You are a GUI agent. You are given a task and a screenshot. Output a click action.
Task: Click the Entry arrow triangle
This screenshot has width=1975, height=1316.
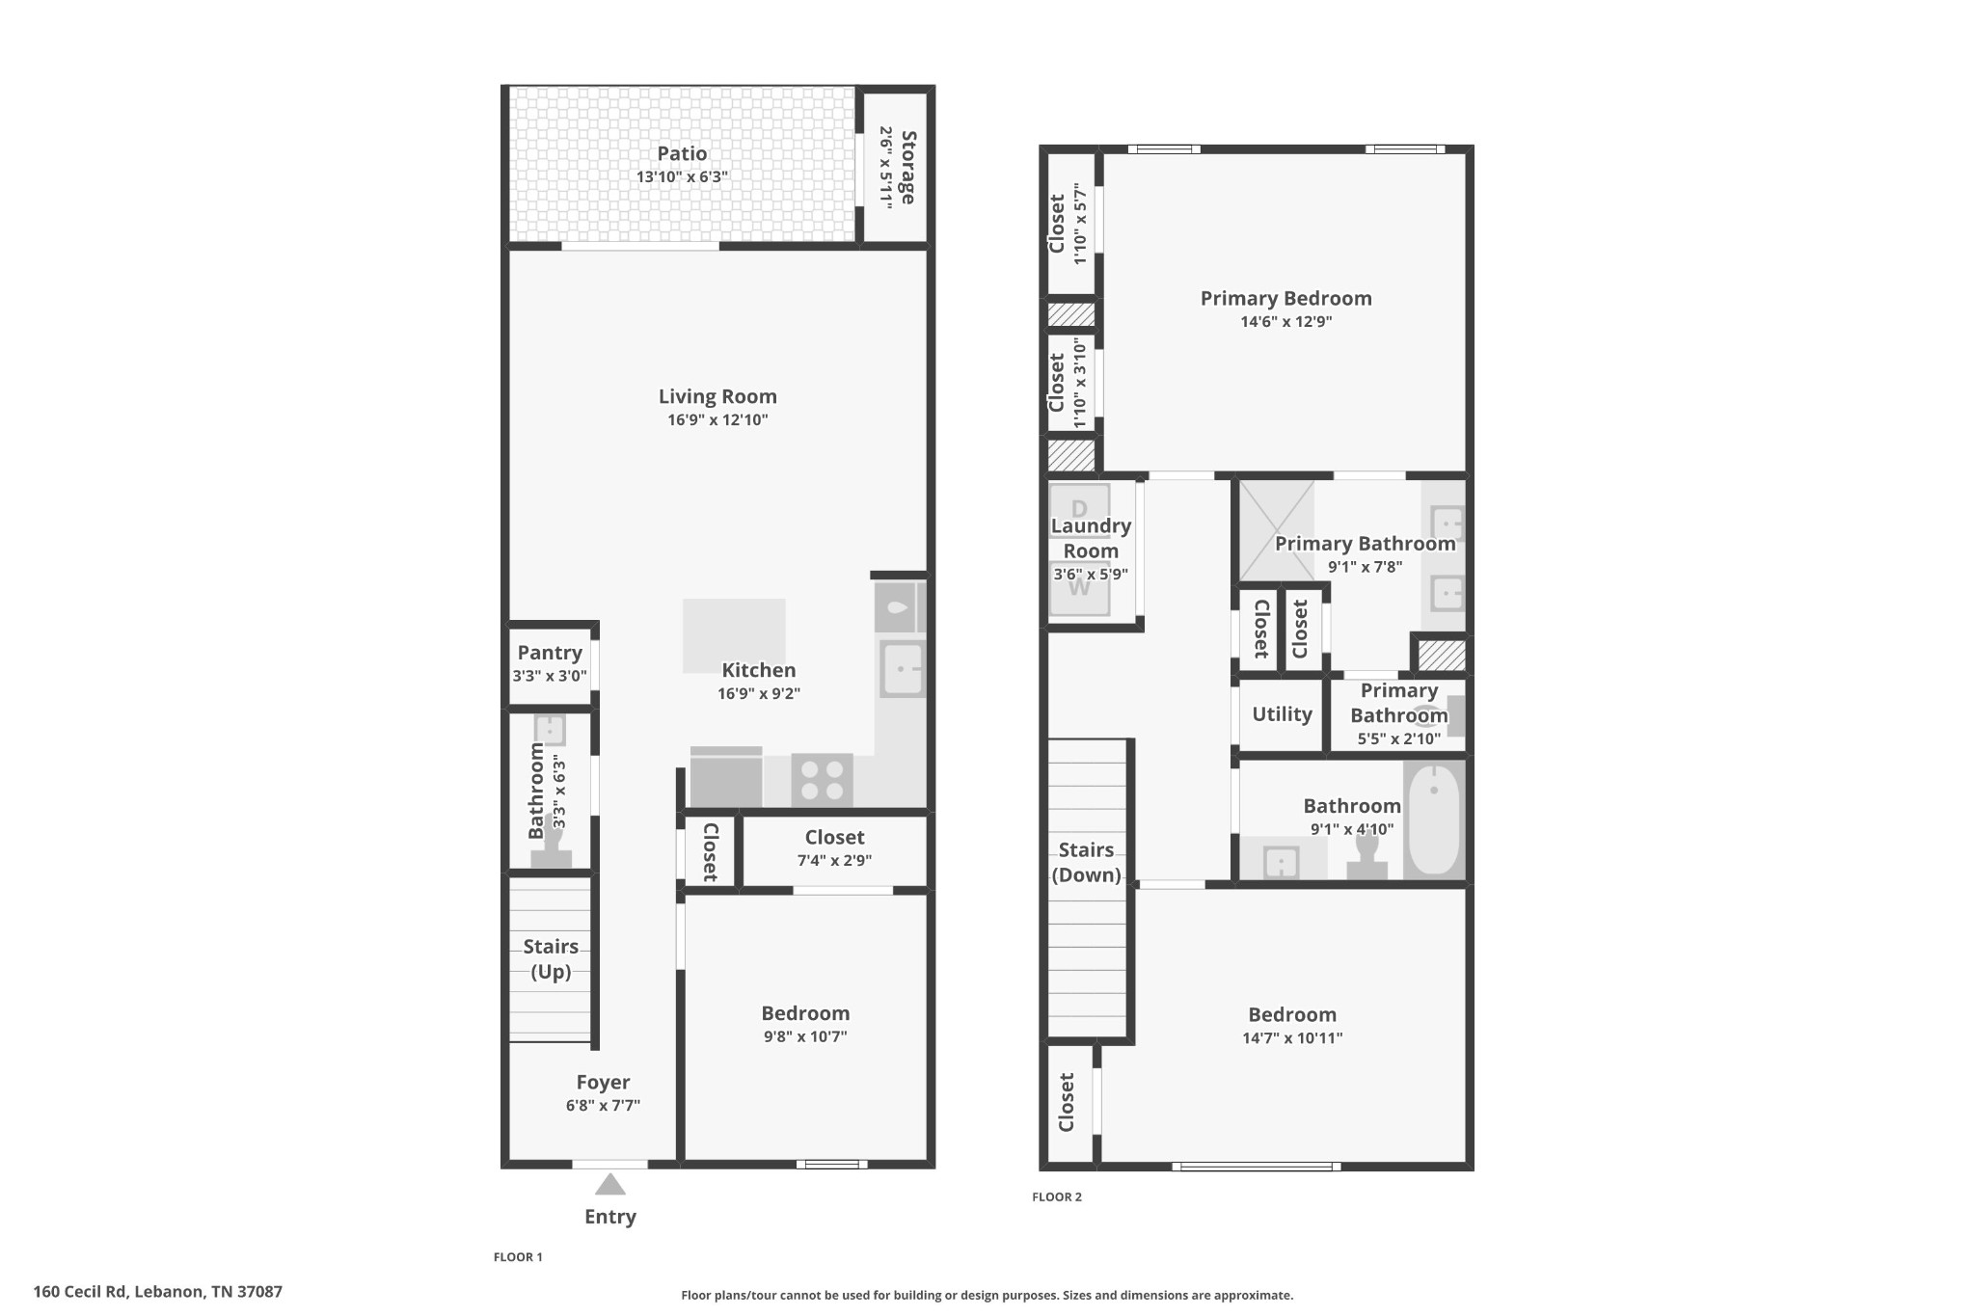609,1184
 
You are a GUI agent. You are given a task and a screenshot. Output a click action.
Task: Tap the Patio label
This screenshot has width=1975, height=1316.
682,153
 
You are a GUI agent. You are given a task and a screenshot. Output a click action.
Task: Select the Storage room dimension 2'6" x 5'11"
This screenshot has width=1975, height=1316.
884,167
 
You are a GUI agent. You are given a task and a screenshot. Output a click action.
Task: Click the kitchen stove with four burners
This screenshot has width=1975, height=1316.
822,780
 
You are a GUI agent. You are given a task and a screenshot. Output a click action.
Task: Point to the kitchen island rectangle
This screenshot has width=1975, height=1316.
734,634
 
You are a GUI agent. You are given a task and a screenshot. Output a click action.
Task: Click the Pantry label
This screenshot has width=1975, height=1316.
550,653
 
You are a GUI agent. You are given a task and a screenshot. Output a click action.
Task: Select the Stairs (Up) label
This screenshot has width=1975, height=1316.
551,958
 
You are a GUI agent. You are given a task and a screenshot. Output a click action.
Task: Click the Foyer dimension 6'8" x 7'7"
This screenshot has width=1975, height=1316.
603,1106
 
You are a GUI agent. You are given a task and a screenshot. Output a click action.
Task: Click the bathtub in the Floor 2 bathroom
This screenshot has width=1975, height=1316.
1434,819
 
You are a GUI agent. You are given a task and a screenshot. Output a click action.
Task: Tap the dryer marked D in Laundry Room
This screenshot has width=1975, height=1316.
1079,508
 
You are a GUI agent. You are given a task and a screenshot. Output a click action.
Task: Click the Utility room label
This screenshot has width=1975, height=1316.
1282,714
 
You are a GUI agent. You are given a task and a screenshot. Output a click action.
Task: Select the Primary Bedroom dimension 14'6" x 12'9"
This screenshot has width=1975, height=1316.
1285,322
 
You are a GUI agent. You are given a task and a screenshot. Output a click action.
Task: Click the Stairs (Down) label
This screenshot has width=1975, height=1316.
1086,862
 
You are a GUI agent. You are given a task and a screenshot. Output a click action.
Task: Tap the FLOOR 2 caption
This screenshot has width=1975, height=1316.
1057,1196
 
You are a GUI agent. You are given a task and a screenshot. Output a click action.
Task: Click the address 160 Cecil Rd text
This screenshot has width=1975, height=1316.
157,1291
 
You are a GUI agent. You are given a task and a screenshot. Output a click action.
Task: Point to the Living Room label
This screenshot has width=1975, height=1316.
717,396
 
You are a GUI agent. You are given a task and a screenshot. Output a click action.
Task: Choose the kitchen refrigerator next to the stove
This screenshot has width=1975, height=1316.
726,777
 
